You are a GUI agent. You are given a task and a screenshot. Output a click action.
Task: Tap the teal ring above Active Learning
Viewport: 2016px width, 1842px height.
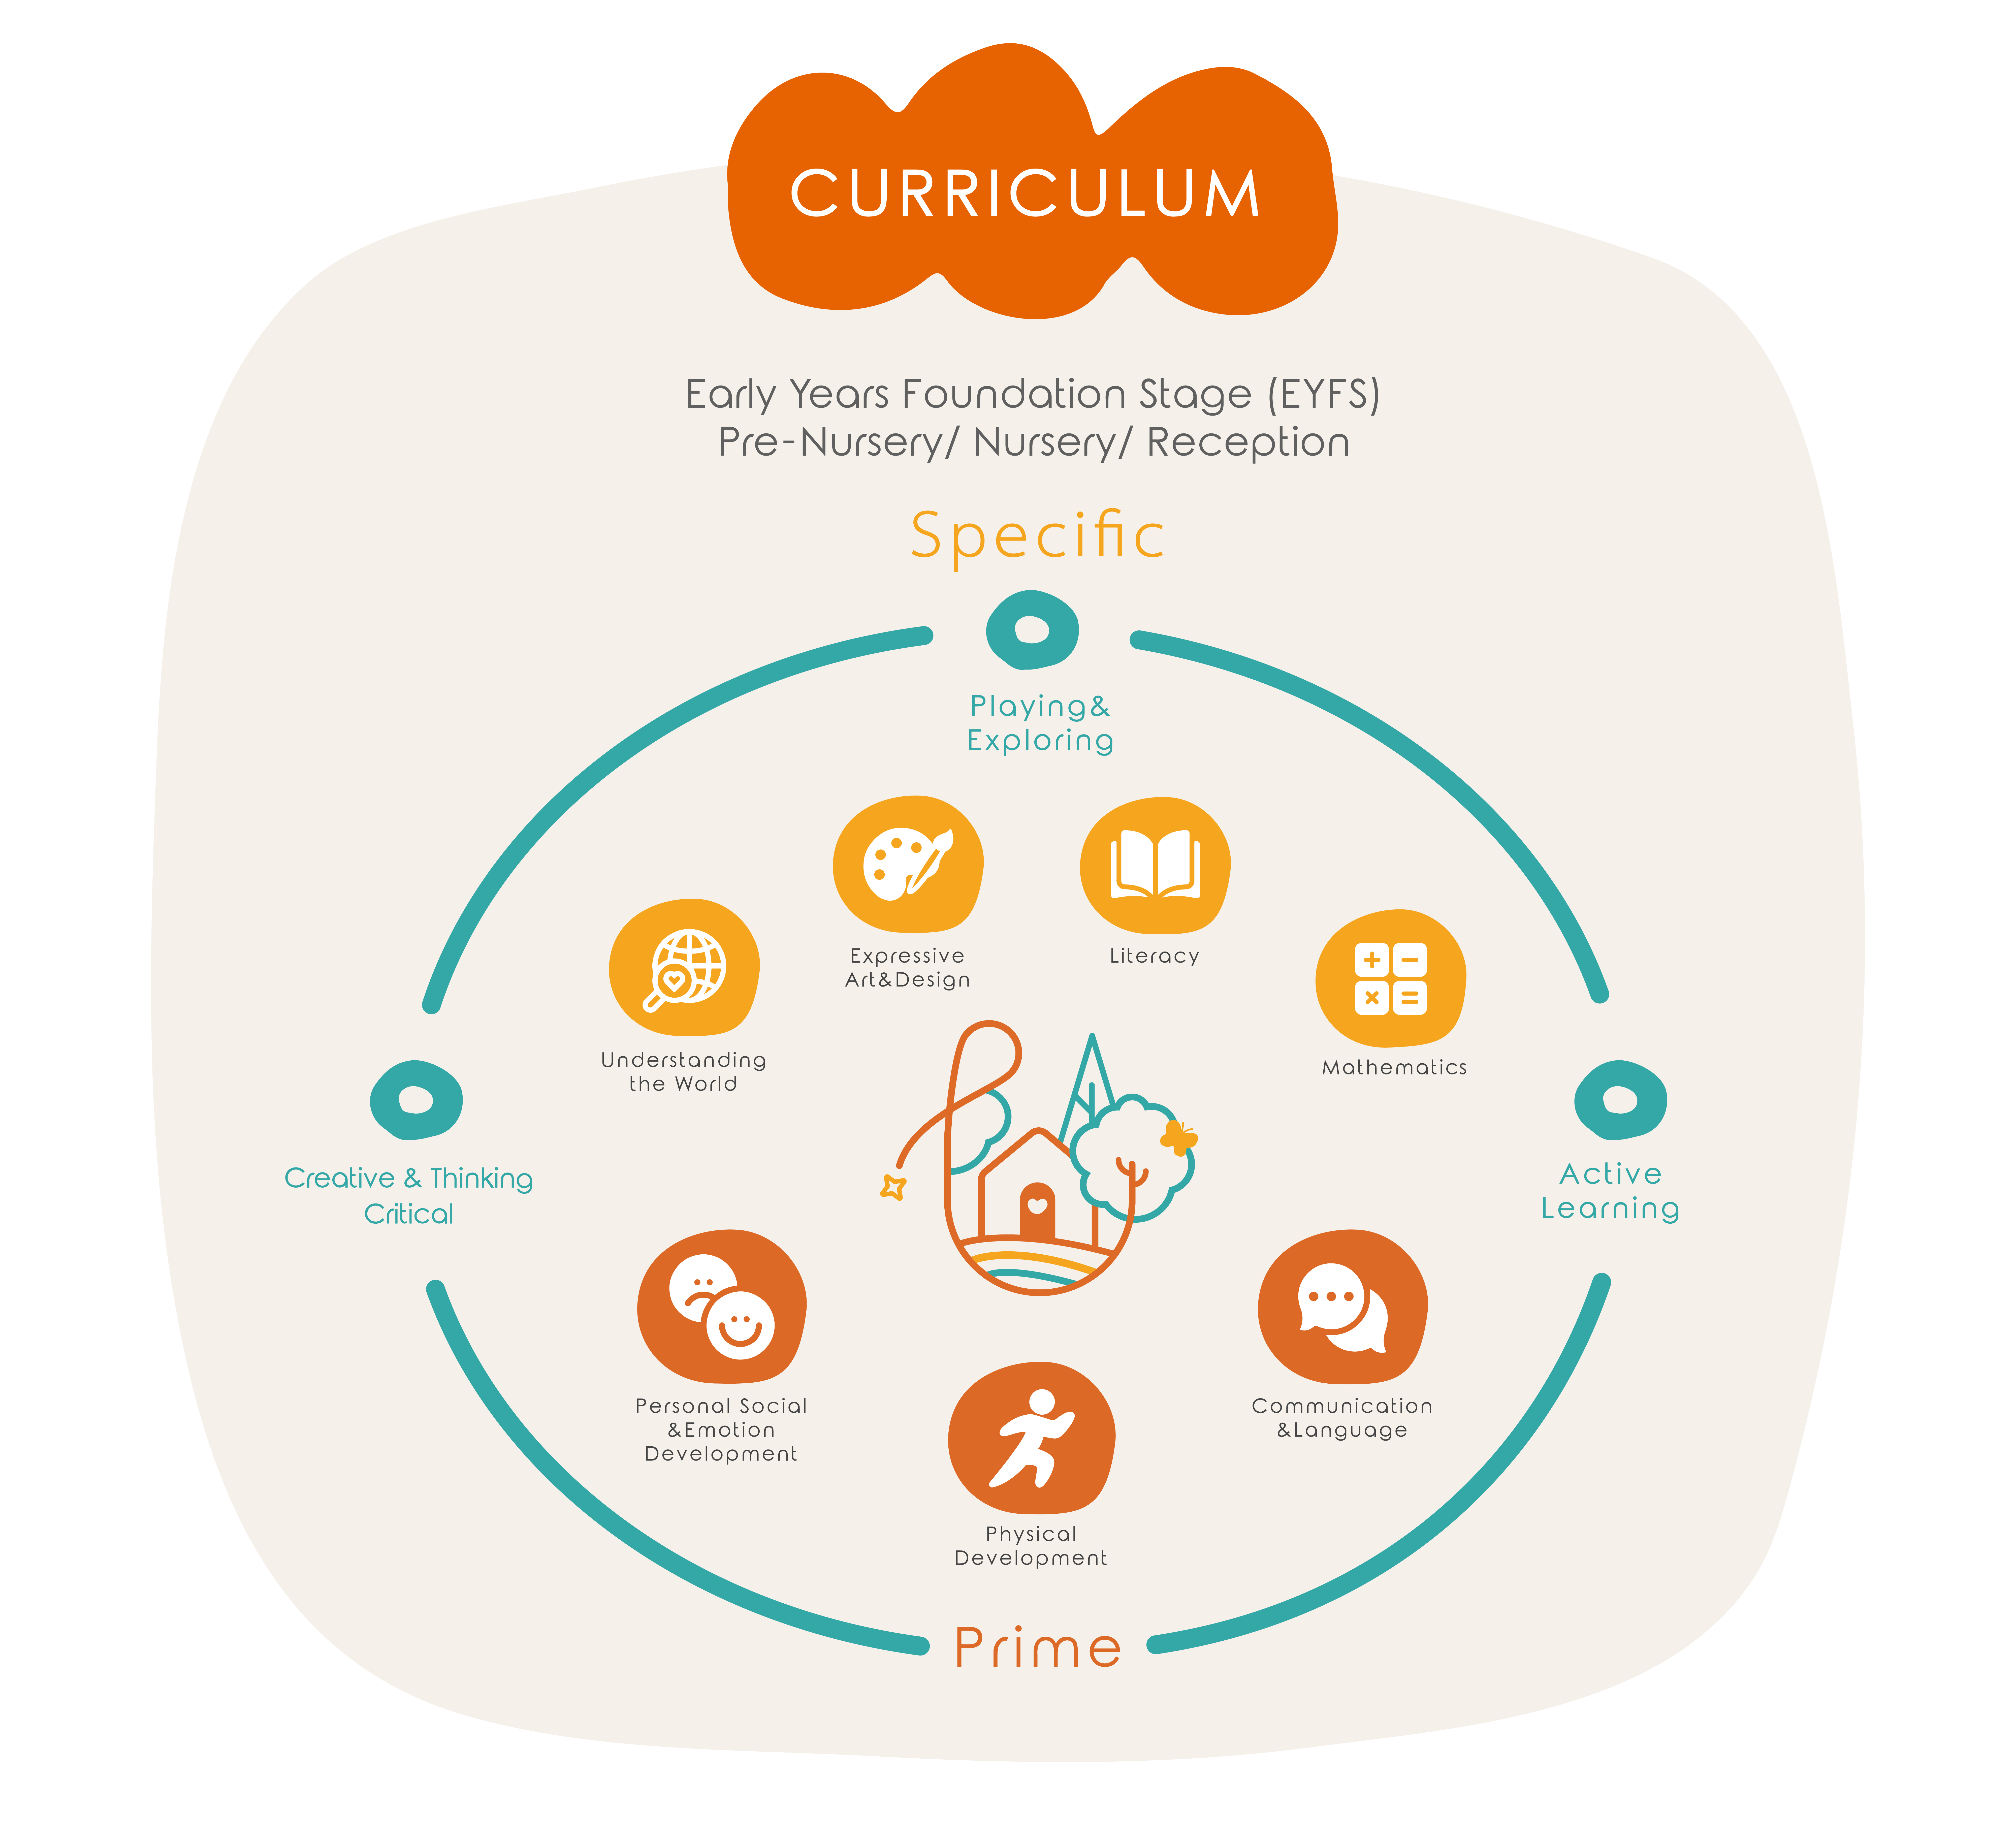click(1620, 1100)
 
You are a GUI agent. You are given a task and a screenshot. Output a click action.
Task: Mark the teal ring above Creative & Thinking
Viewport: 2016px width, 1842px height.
click(416, 1100)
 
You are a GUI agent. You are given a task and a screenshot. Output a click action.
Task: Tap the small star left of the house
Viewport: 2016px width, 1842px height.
click(893, 1187)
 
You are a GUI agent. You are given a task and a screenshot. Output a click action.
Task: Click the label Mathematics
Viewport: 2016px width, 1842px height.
click(1394, 1068)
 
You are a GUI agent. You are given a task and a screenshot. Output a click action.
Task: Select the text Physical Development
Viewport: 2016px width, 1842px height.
click(1031, 1546)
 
